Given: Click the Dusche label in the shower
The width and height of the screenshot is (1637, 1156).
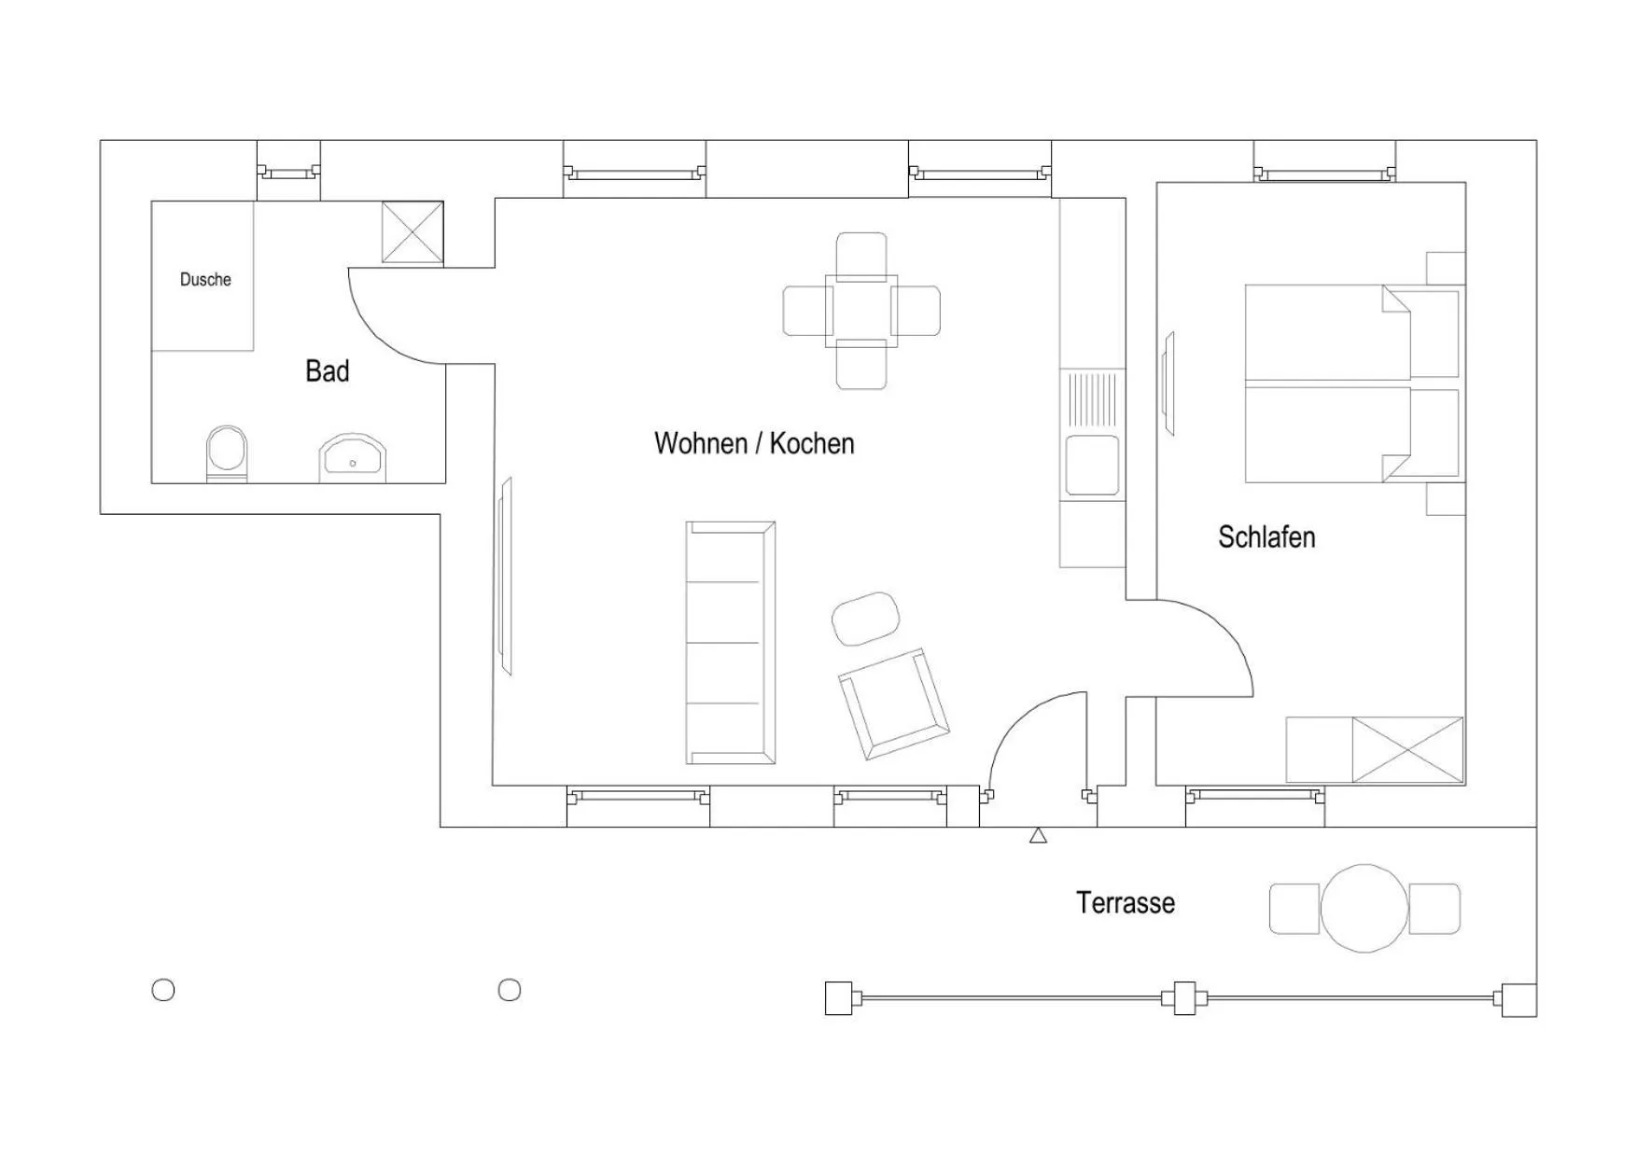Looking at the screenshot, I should (x=205, y=279).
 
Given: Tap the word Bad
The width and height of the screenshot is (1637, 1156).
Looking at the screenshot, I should (x=328, y=371).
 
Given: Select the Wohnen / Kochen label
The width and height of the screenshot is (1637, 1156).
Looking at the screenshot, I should (x=754, y=443).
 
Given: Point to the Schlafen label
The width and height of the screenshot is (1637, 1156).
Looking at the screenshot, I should (x=1266, y=537).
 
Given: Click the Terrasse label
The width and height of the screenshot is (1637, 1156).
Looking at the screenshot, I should (x=1125, y=903).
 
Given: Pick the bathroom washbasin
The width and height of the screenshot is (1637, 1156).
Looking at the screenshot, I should (x=352, y=458).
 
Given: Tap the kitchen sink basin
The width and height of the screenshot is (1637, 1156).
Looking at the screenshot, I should (x=1092, y=465).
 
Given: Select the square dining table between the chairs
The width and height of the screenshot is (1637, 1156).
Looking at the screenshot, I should (x=861, y=311).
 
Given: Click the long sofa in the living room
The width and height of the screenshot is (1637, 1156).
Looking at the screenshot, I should (x=730, y=642).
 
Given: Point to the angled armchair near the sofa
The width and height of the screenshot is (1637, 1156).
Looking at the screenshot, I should (x=893, y=703).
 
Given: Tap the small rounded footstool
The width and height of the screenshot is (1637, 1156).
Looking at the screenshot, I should (x=865, y=618).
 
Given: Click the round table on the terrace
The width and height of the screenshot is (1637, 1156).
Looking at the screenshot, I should (x=1364, y=908).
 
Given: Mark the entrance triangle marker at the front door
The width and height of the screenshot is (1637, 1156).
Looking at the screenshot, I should (x=1038, y=836).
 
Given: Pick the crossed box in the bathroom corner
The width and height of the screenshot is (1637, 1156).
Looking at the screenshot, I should (x=413, y=232).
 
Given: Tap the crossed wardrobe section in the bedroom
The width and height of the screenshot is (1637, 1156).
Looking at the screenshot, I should (x=1407, y=749).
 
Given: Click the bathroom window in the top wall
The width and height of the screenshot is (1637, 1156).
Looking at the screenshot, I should (x=288, y=172).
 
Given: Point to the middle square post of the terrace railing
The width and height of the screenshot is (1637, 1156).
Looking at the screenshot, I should (x=1184, y=998).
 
